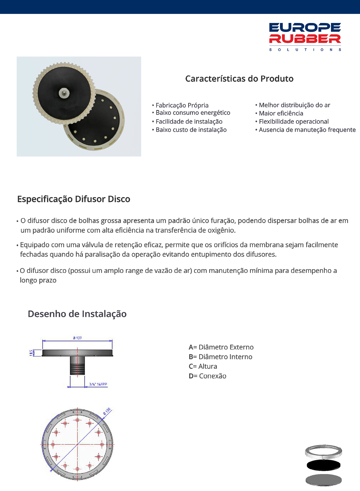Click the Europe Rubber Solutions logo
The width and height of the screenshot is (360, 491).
point(305,37)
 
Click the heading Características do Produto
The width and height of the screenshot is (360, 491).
point(239,79)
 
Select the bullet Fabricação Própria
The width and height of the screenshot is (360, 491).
point(182,105)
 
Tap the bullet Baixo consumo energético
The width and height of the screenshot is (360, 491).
point(192,113)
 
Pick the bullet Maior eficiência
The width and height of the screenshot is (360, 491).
point(280,113)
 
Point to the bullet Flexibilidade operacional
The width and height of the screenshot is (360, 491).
point(293,122)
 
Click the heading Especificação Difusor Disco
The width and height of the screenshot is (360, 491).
point(74,199)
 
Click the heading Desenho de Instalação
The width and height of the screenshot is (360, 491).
point(77,314)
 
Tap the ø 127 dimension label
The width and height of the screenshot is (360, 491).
point(77,338)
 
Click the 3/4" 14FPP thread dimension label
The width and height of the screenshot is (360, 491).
point(98,385)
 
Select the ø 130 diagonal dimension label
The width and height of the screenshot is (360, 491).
point(107,411)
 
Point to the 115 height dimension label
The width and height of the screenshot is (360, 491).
point(31,353)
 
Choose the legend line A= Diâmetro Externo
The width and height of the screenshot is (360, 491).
point(221,347)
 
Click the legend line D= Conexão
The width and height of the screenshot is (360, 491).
point(208,376)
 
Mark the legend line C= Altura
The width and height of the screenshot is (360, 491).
point(203,366)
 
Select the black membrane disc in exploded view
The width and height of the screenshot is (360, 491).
point(323,465)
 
